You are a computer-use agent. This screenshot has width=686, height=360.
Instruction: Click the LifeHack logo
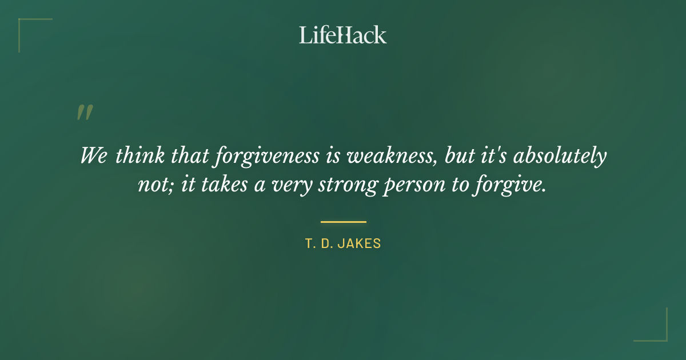click(x=343, y=35)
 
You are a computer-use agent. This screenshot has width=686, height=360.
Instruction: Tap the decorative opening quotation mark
click(x=85, y=113)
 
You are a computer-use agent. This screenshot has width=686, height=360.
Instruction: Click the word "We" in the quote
click(x=94, y=156)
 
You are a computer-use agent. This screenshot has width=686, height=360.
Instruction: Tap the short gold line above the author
click(x=343, y=222)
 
